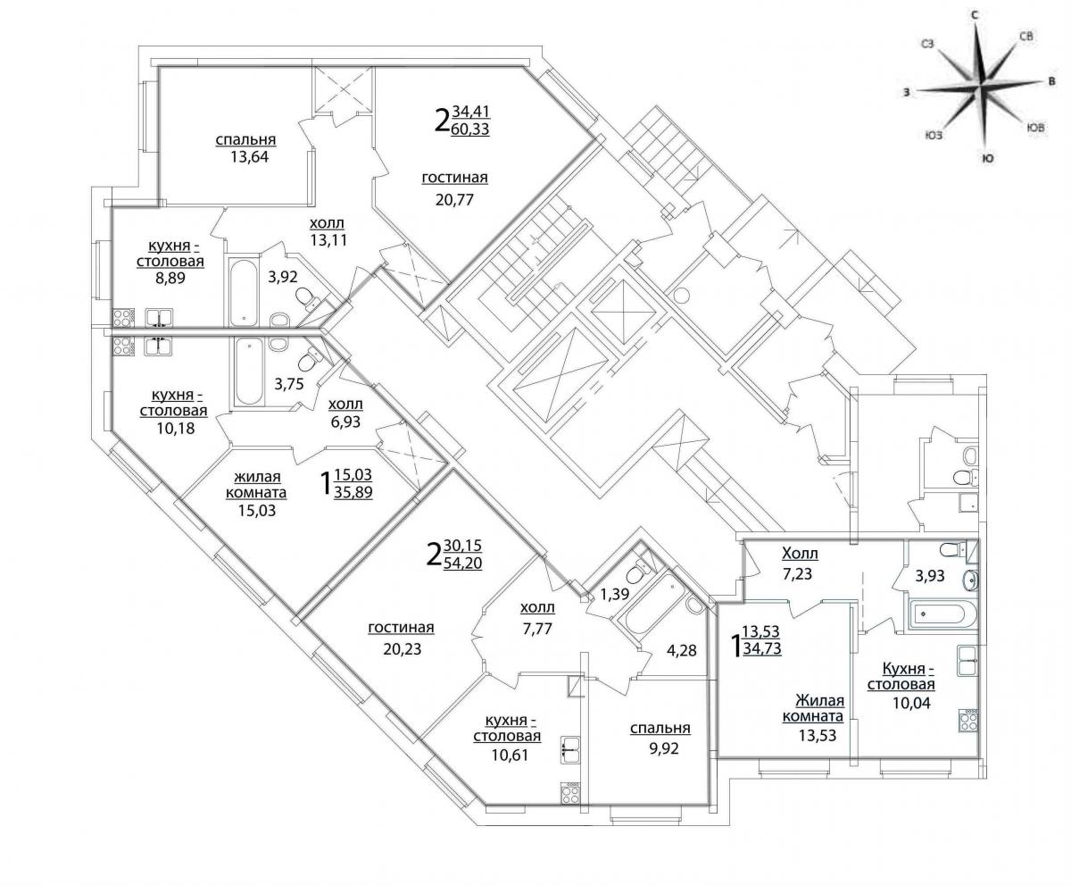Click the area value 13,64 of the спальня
(x=249, y=156)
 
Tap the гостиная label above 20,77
(x=454, y=178)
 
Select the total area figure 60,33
(x=470, y=129)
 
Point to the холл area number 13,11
(x=328, y=239)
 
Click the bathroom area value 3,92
(x=283, y=277)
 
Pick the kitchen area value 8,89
(x=170, y=279)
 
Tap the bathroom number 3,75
(x=289, y=384)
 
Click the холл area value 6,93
(x=345, y=422)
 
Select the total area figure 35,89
(x=353, y=492)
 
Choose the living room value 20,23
(x=403, y=649)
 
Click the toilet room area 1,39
(x=615, y=595)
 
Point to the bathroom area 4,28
(x=681, y=650)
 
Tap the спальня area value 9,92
(x=664, y=748)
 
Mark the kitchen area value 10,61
(x=510, y=756)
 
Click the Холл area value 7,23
(x=797, y=573)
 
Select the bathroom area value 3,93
(x=930, y=576)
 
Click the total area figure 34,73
(x=762, y=649)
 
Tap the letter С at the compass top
(x=975, y=15)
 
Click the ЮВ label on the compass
(x=1036, y=128)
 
